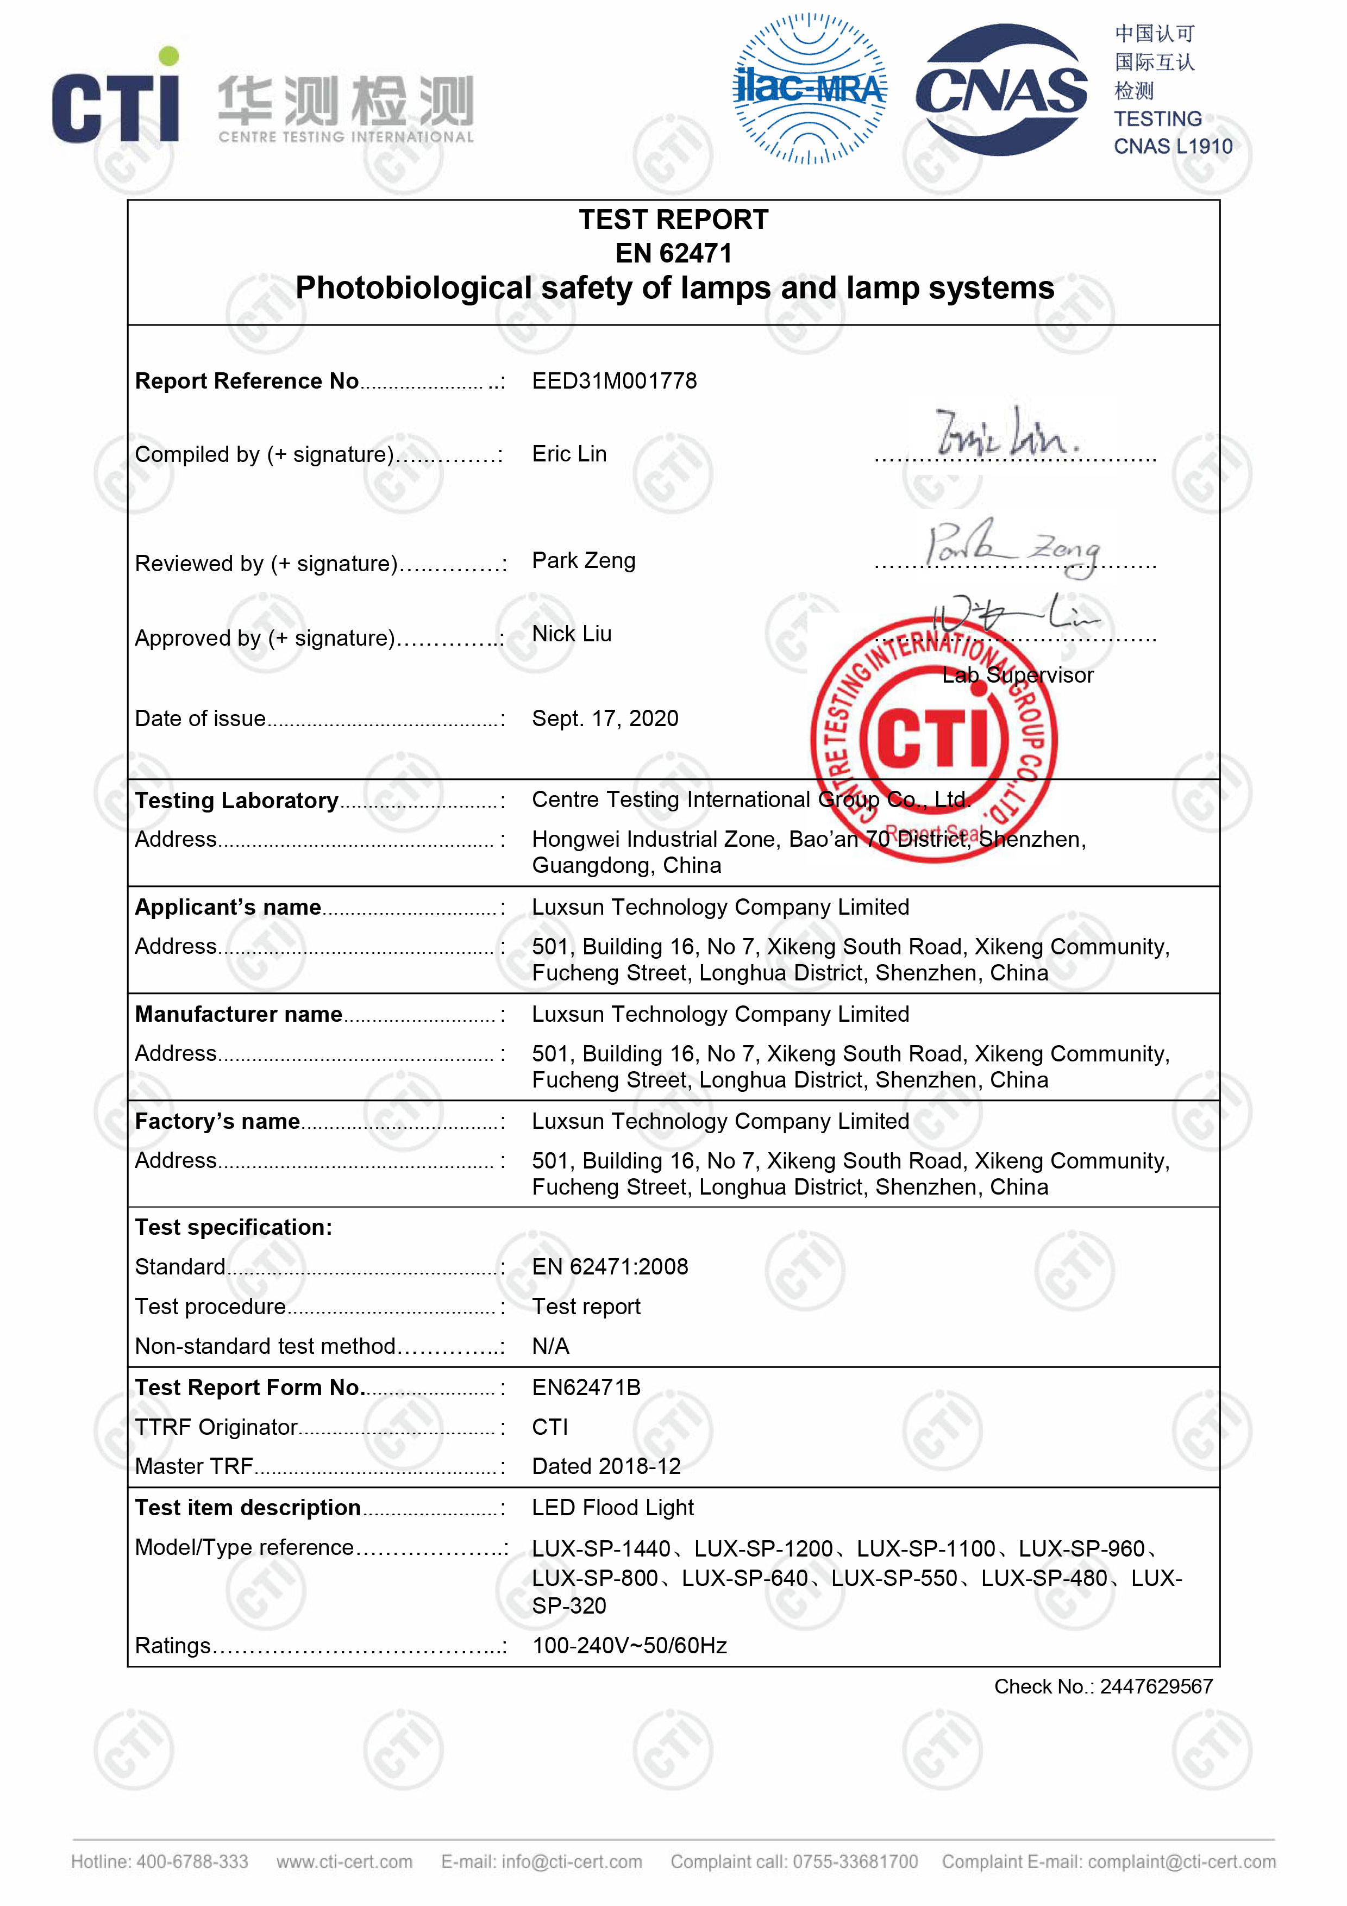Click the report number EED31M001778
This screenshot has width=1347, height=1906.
point(614,381)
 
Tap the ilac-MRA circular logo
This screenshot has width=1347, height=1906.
point(809,88)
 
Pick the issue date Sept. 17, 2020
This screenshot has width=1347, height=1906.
point(605,718)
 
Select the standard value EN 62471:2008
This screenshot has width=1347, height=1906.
point(610,1267)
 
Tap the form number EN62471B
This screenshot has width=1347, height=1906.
point(586,1387)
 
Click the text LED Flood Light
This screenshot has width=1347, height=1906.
point(612,1508)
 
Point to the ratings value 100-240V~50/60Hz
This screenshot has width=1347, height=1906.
point(629,1645)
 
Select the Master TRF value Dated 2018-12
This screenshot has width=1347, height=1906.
point(606,1466)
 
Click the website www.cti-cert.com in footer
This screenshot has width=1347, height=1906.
point(344,1861)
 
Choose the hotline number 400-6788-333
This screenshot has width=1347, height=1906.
point(192,1861)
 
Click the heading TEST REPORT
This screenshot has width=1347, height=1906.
point(673,220)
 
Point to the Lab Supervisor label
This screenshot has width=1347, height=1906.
point(1018,675)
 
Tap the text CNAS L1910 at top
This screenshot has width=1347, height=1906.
point(1173,147)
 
